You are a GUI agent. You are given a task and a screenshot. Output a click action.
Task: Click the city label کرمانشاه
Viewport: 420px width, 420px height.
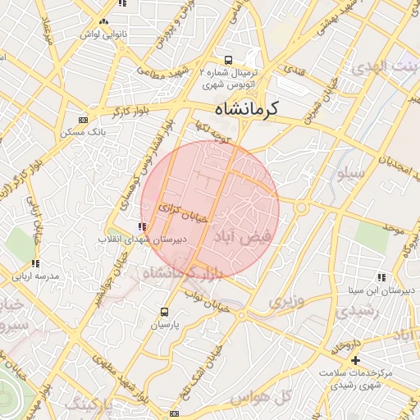point(236,107)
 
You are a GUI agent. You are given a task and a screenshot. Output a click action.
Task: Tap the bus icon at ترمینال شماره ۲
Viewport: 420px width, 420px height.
point(228,59)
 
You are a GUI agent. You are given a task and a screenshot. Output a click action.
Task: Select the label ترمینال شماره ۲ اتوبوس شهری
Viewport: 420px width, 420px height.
point(229,77)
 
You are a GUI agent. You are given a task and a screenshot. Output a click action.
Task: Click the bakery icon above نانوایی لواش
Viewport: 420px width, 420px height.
point(103,22)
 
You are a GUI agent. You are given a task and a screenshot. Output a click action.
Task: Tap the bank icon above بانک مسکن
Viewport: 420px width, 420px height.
point(82,119)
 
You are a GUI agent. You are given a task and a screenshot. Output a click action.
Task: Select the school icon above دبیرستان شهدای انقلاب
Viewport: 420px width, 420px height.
point(143,226)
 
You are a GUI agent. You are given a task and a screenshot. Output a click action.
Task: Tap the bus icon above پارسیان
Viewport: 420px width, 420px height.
point(165,313)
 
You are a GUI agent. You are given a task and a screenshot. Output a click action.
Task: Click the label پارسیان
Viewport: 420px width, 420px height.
point(165,325)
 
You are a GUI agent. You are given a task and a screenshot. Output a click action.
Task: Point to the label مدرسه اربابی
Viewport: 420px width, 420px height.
point(35,276)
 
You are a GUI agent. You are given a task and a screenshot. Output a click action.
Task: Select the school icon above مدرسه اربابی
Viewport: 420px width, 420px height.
point(35,264)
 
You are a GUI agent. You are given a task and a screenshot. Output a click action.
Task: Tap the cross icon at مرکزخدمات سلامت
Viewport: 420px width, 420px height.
point(354,360)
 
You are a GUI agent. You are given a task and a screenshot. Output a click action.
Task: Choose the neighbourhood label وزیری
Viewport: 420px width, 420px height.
point(286,302)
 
